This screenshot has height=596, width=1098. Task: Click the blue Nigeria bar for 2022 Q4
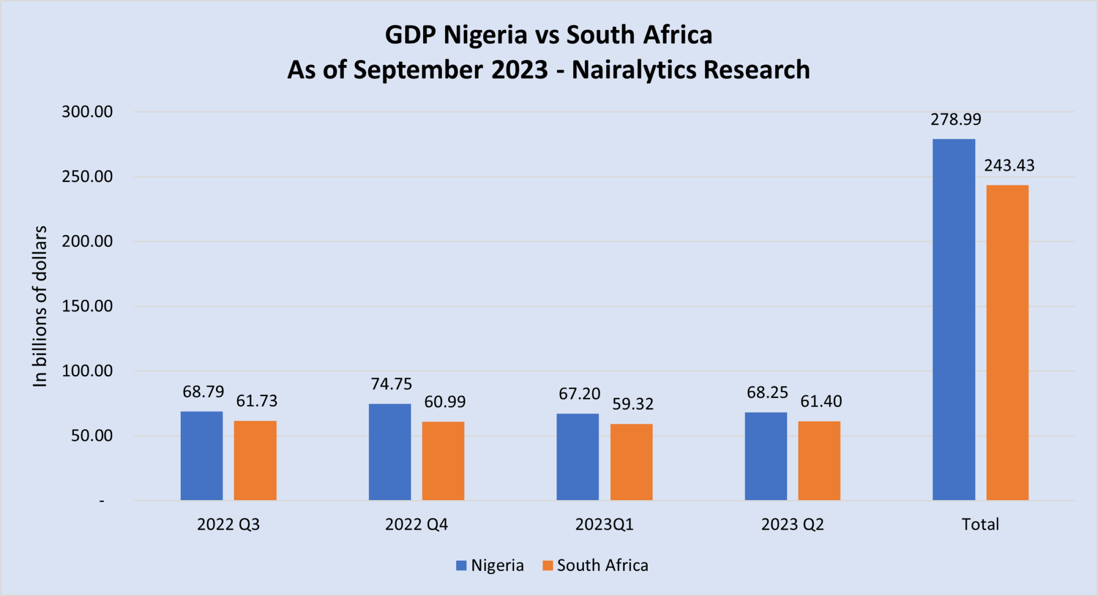(x=390, y=452)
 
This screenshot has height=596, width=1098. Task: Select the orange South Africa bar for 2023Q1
(x=632, y=462)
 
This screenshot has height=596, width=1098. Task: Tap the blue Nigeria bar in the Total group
(x=954, y=319)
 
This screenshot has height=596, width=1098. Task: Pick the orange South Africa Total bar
(x=1007, y=342)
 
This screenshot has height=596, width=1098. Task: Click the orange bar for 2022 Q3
(x=255, y=460)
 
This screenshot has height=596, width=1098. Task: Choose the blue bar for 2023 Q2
(x=766, y=456)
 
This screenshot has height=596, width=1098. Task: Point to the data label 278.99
(x=956, y=119)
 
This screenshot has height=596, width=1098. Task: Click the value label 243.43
(x=1009, y=165)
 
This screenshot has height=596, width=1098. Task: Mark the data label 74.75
(x=391, y=384)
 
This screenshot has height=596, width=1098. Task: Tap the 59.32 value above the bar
(x=633, y=404)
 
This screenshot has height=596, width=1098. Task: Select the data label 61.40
(x=821, y=401)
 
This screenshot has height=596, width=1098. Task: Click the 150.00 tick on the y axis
(x=87, y=306)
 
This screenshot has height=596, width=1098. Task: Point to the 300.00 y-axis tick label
(x=87, y=111)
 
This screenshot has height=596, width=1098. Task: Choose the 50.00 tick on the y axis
(x=92, y=436)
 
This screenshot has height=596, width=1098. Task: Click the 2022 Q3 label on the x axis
(x=228, y=524)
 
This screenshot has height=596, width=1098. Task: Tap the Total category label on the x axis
(x=980, y=524)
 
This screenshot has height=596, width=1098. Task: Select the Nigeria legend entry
(x=490, y=565)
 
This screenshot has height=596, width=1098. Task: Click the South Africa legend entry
(x=595, y=565)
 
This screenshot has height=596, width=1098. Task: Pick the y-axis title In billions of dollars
(x=40, y=306)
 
